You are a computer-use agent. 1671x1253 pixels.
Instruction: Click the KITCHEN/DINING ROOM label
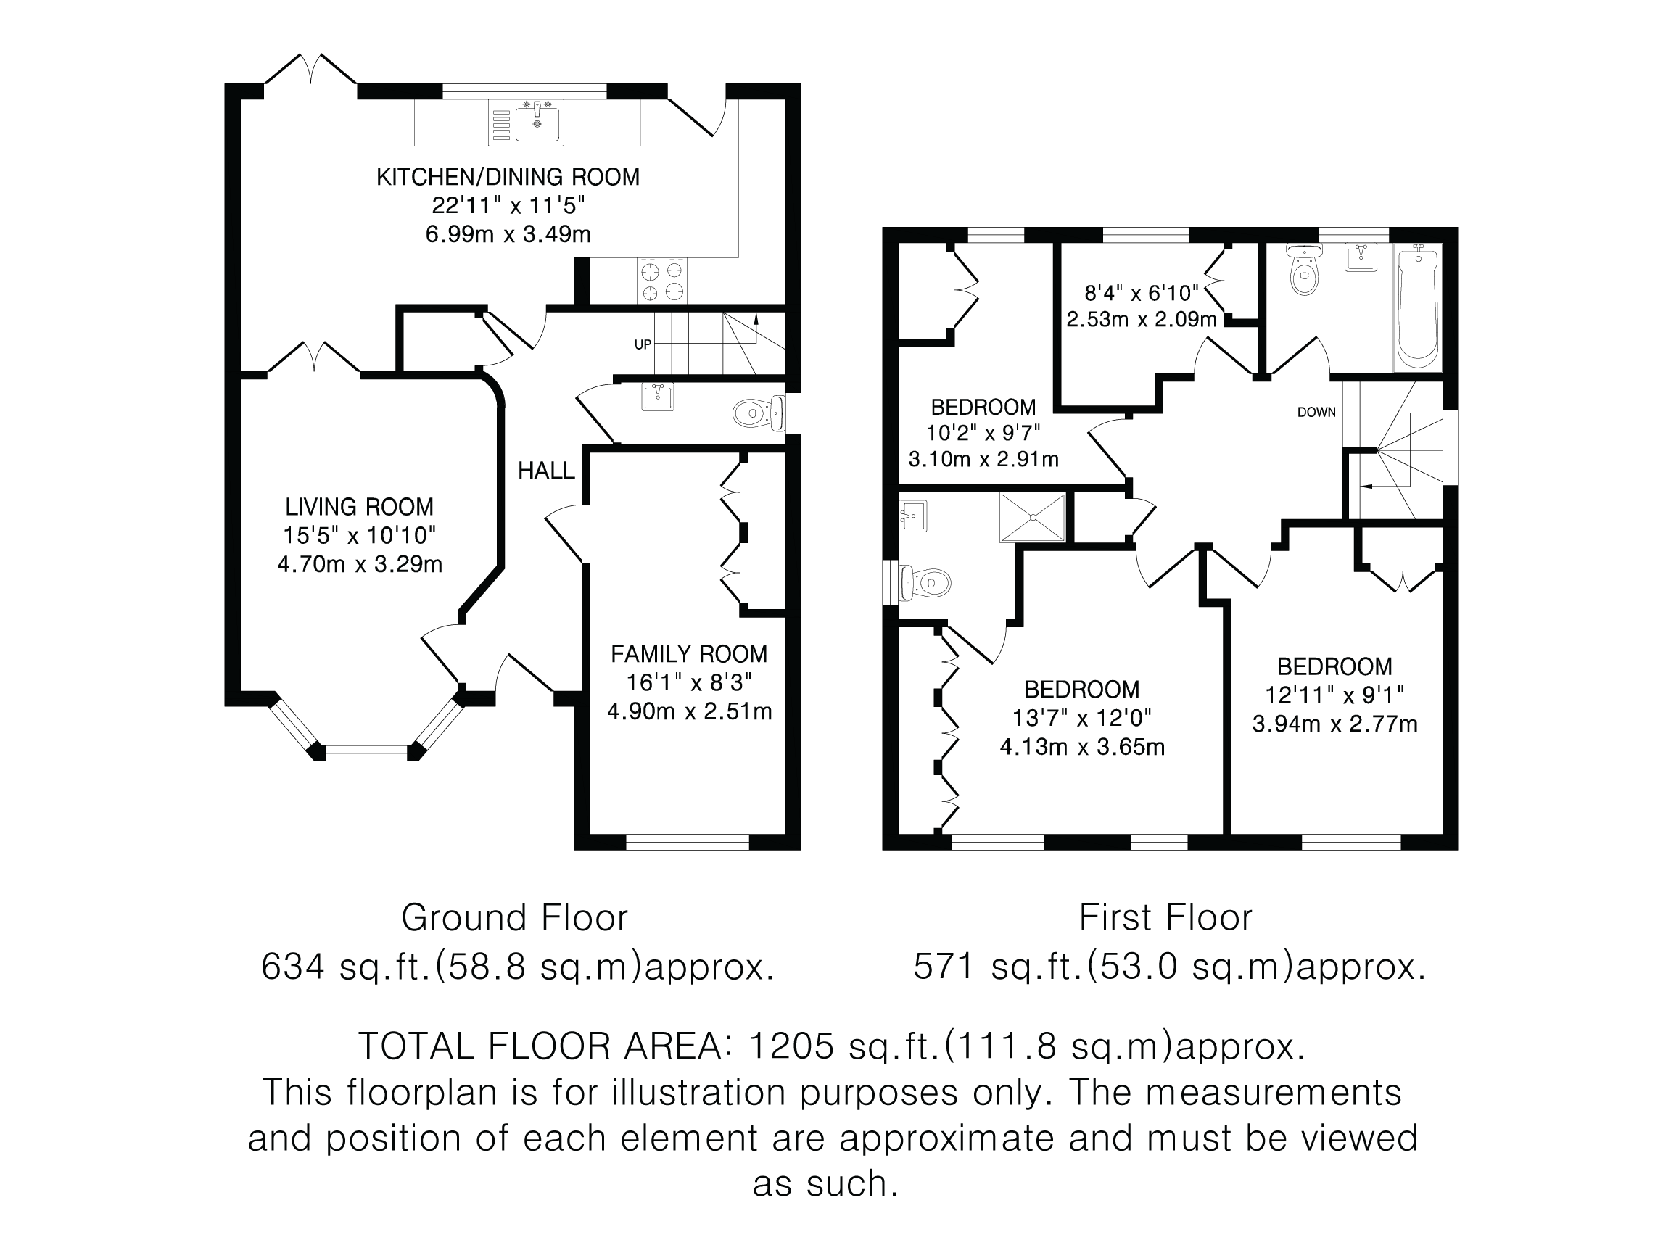tap(508, 177)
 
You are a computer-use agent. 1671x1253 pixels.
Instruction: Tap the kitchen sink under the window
tap(537, 124)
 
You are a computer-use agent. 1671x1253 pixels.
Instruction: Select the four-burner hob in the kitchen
tap(662, 280)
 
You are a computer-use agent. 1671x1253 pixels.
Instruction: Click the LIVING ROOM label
tap(359, 506)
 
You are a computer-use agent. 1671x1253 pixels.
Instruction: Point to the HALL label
tap(546, 471)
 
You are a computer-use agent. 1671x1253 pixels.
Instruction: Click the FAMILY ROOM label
tap(689, 653)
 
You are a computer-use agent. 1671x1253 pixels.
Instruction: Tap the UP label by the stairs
tap(643, 344)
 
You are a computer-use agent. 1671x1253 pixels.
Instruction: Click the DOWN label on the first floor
tap(1316, 413)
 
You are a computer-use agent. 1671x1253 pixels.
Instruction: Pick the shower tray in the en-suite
tap(1033, 517)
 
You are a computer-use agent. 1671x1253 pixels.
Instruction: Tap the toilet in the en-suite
tap(926, 582)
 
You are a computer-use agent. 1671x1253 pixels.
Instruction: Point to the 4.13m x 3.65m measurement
tap(1082, 747)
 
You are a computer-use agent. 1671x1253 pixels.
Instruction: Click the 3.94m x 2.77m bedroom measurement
tap(1334, 724)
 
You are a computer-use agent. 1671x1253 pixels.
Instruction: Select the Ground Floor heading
tap(514, 918)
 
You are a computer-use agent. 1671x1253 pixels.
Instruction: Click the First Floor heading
tap(1165, 918)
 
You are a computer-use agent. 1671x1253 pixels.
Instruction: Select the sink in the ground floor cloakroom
tap(658, 397)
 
